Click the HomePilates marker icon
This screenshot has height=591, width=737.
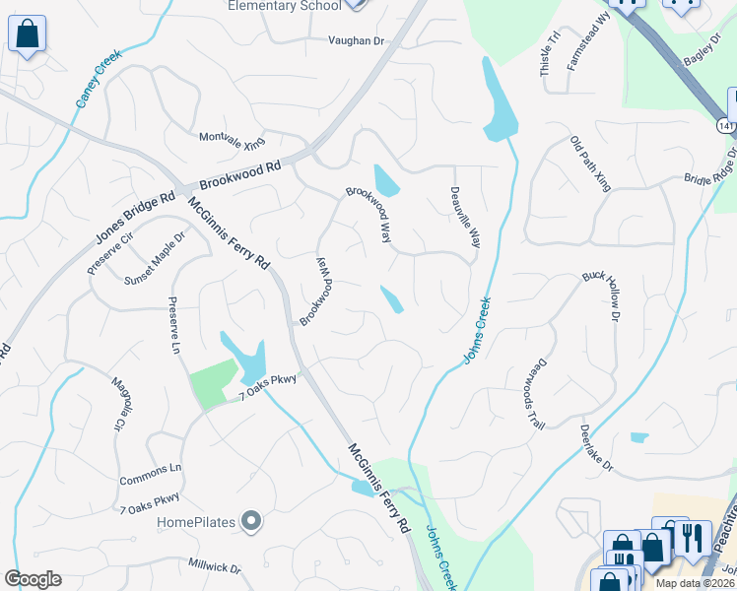tap(251, 520)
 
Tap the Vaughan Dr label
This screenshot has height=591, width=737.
tap(355, 41)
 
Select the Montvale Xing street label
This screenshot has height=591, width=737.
tap(233, 141)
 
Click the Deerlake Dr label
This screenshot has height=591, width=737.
tap(596, 447)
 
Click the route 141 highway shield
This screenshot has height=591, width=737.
tap(726, 127)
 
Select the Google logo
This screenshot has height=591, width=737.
tap(33, 579)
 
